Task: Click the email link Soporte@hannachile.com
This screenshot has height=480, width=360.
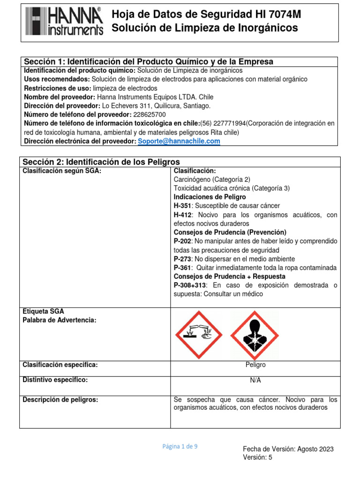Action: pyautogui.click(x=179, y=141)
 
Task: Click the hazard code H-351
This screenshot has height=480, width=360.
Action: pyautogui.click(x=183, y=206)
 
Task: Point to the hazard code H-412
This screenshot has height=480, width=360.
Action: pyautogui.click(x=183, y=215)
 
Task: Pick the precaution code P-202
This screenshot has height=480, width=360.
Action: pyautogui.click(x=183, y=241)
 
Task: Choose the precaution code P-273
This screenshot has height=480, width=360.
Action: pyautogui.click(x=183, y=259)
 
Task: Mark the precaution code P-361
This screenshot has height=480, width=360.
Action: pyautogui.click(x=183, y=268)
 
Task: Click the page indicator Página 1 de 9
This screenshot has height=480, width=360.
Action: pyautogui.click(x=180, y=447)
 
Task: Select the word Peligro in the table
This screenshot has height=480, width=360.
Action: pyautogui.click(x=255, y=365)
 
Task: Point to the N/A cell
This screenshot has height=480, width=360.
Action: pyautogui.click(x=255, y=380)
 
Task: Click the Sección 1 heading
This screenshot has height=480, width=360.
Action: pyautogui.click(x=148, y=62)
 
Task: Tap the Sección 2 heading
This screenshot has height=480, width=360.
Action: pyautogui.click(x=101, y=162)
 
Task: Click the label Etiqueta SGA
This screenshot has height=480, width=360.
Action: pyautogui.click(x=44, y=311)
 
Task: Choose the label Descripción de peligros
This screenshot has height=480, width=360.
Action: pyautogui.click(x=60, y=400)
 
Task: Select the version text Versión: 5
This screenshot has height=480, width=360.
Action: pyautogui.click(x=257, y=457)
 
